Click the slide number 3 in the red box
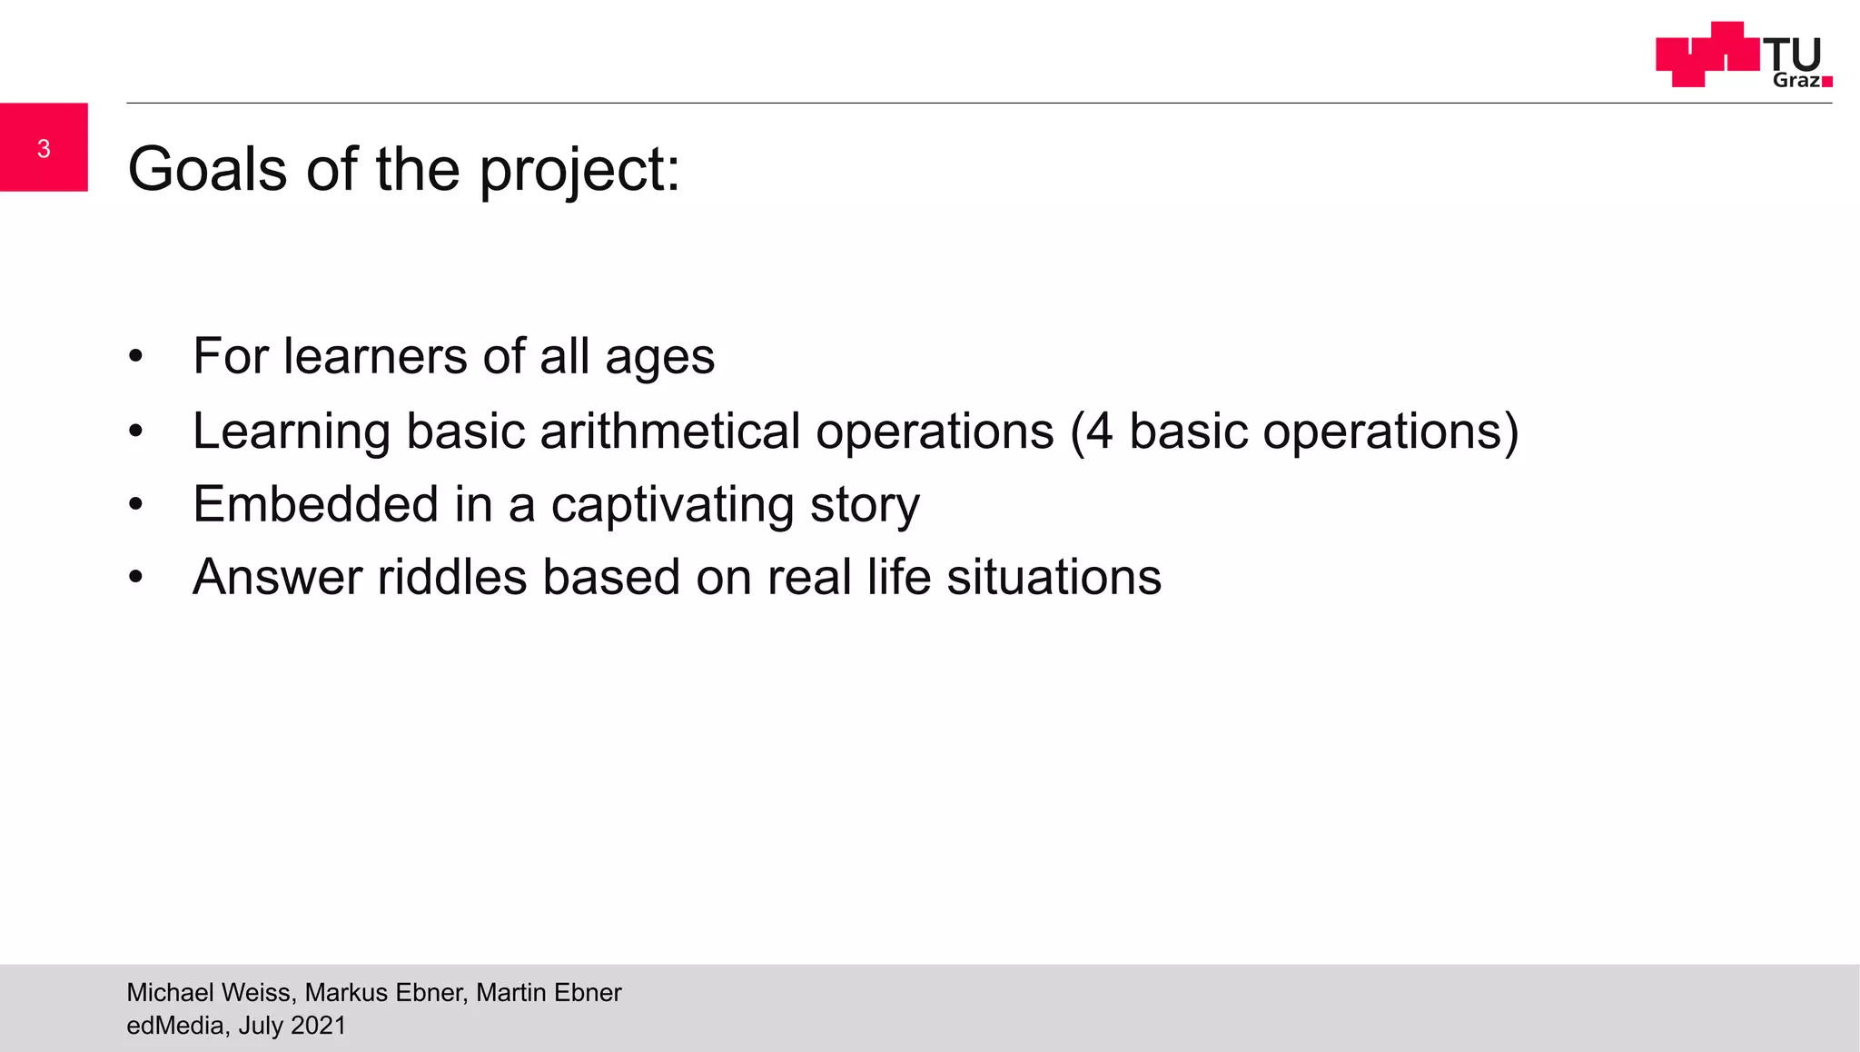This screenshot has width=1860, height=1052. pos(44,149)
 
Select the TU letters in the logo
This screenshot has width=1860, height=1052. pos(1793,55)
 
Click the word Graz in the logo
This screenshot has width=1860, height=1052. pos(1796,80)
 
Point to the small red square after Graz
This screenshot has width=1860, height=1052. pos(1827,82)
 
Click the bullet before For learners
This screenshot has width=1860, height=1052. pos(135,356)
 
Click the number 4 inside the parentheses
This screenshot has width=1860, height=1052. pos(1099,431)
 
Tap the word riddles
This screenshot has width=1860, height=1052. pos(451,577)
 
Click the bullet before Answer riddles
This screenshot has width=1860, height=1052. pos(135,577)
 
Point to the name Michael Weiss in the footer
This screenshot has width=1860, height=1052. pos(210,992)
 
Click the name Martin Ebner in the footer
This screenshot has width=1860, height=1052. pos(549,992)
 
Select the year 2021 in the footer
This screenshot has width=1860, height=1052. pos(319,1026)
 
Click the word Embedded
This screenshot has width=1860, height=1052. pos(315,504)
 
